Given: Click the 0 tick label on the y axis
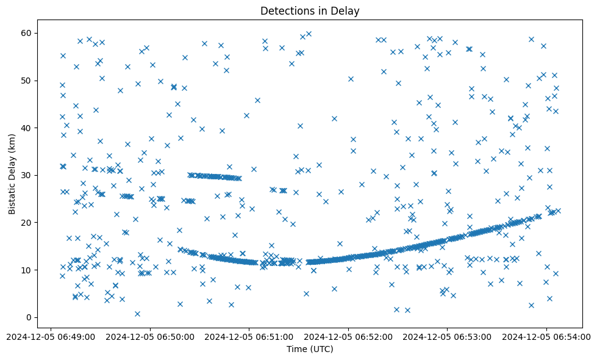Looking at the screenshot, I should coord(28,317).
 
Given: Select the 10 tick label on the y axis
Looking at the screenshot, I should coord(26,270).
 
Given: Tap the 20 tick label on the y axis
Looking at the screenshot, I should coord(26,223).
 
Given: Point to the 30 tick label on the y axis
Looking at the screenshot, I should coord(26,175).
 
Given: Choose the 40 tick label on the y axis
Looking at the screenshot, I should coord(26,128).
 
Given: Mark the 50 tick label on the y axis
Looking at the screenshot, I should coord(26,81).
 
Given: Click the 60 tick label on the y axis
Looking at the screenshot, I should coord(26,33).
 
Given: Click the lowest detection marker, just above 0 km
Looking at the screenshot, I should coord(137,314).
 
